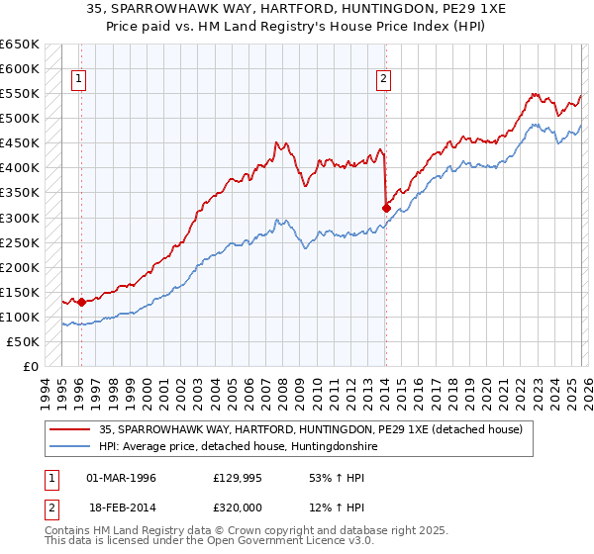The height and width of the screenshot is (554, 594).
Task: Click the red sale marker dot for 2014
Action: pyautogui.click(x=385, y=208)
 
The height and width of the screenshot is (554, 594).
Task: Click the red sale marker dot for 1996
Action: pyautogui.click(x=81, y=302)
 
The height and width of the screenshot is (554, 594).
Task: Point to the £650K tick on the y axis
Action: pyautogui.click(x=20, y=45)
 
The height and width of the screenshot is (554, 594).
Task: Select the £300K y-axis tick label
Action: pyautogui.click(x=20, y=218)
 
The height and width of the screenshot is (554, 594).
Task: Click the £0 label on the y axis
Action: pyautogui.click(x=32, y=366)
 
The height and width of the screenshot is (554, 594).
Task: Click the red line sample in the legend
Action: pyautogui.click(x=70, y=429)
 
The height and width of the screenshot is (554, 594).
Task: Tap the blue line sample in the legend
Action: pyautogui.click(x=70, y=446)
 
